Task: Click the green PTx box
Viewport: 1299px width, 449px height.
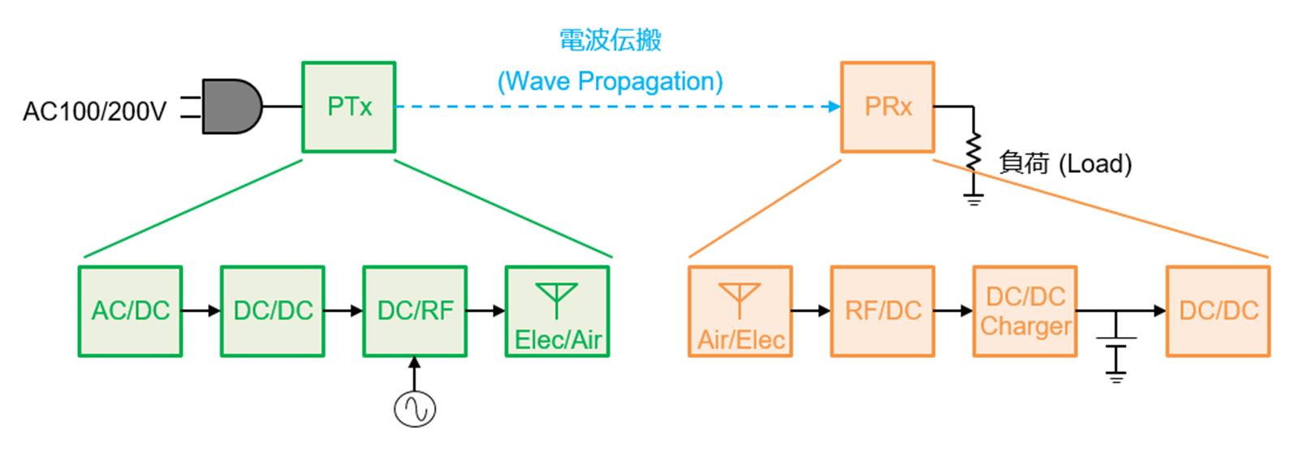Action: tap(348, 106)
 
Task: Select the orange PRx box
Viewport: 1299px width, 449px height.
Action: tap(888, 106)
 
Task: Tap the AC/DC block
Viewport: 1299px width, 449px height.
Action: tap(131, 312)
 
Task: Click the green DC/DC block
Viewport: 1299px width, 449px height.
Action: tap(273, 312)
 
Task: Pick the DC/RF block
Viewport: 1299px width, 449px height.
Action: tap(415, 312)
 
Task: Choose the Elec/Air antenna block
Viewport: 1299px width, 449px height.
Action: tap(557, 312)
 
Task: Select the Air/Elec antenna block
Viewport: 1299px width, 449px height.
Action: tap(740, 312)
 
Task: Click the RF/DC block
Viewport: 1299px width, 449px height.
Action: tap(883, 312)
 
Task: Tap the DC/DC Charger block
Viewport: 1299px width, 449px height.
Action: tap(1025, 312)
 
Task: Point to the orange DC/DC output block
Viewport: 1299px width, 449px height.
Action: tap(1219, 312)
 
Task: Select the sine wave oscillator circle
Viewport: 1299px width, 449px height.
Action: tap(415, 409)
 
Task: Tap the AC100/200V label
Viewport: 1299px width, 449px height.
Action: tap(94, 111)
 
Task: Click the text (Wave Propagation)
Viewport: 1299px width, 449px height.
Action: tap(610, 82)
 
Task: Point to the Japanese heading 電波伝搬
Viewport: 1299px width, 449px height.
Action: tap(610, 40)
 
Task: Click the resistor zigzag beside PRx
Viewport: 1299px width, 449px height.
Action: tap(973, 152)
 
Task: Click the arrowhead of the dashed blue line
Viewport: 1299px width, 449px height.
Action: tap(835, 106)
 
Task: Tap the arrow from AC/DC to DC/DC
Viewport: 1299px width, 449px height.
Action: tap(201, 311)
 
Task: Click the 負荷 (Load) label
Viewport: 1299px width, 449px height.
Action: tap(1065, 163)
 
